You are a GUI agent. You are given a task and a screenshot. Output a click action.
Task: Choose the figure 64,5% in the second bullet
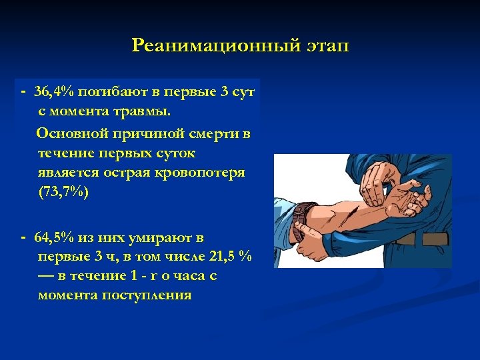click(x=56, y=237)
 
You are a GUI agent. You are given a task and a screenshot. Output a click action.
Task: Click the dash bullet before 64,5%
click(x=23, y=237)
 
